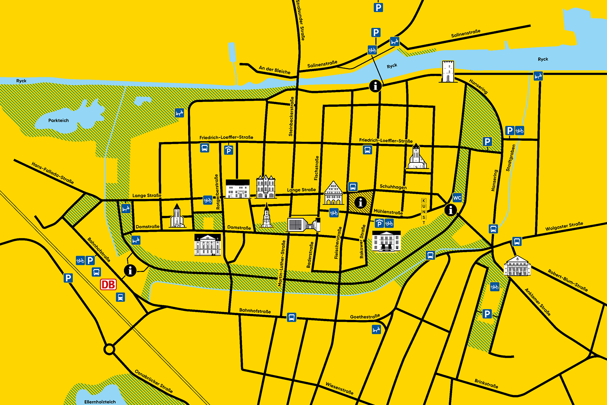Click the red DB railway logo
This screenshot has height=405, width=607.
click(x=108, y=284)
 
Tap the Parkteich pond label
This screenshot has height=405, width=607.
click(x=59, y=121)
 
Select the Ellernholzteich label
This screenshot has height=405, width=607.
click(x=100, y=402)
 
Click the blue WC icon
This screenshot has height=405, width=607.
click(x=457, y=198)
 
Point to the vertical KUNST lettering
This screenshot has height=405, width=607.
click(x=424, y=211)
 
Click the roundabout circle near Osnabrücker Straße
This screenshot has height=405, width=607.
click(x=109, y=349)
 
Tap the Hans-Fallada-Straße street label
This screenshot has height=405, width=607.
click(x=52, y=173)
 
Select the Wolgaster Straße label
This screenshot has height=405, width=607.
click(x=564, y=226)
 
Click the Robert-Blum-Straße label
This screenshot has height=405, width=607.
click(x=568, y=280)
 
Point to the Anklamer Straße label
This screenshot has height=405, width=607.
click(x=538, y=302)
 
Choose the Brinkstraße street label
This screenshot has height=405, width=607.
click(x=486, y=384)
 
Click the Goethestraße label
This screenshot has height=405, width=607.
click(x=365, y=316)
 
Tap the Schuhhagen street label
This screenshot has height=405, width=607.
click(x=393, y=187)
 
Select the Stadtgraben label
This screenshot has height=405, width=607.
click(x=511, y=158)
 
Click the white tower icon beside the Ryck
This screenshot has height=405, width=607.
click(x=448, y=72)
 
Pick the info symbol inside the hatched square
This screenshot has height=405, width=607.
click(x=360, y=202)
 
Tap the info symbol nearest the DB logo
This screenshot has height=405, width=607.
click(x=130, y=270)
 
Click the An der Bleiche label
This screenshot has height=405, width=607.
click(x=274, y=70)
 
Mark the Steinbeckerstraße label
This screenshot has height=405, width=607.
click(x=291, y=116)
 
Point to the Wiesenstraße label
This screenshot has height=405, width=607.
click(x=339, y=388)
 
